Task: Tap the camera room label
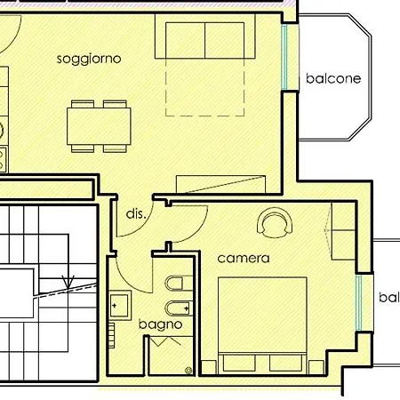243,259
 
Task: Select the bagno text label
160,324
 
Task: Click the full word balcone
333,78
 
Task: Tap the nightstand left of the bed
209,365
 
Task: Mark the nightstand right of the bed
316,365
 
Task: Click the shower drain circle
188,369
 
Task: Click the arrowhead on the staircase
67,284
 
